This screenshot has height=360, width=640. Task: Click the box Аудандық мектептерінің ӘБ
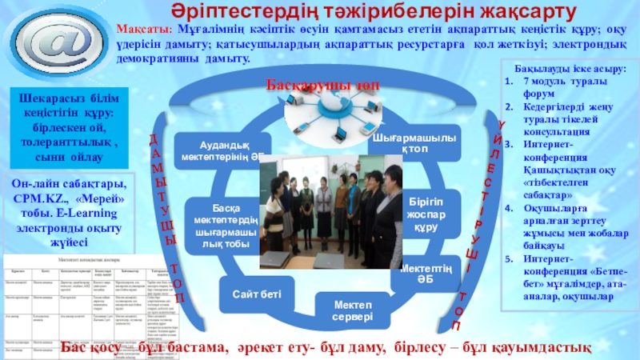[x=223, y=150]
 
